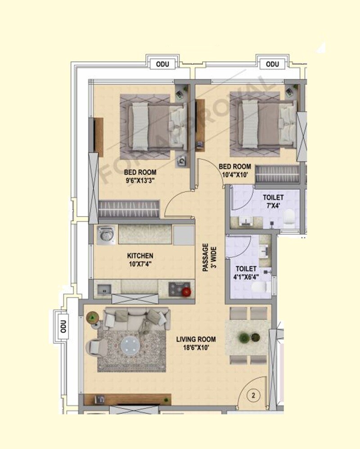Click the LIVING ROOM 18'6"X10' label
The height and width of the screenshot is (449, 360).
(x=196, y=343)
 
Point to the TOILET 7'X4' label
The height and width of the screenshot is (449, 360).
(x=273, y=201)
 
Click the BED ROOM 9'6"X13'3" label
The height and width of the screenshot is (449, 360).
(x=140, y=176)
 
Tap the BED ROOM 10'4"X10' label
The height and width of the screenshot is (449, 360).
(x=235, y=170)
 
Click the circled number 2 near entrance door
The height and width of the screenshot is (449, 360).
(x=253, y=396)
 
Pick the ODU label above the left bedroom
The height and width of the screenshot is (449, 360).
(x=162, y=64)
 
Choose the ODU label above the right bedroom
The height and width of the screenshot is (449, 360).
(x=272, y=64)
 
